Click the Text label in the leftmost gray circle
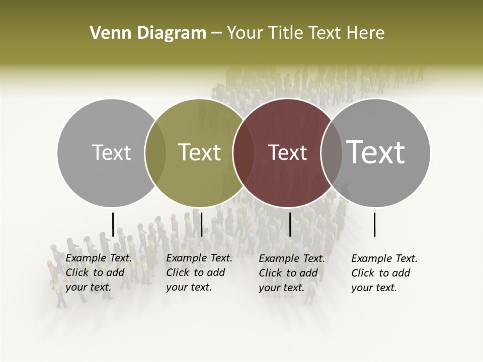click(x=111, y=152)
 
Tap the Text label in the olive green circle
click(x=199, y=152)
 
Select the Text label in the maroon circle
click(x=287, y=152)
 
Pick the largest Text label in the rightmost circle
click(x=375, y=152)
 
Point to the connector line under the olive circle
click(x=201, y=224)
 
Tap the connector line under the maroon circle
click(x=290, y=224)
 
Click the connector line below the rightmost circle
click(x=374, y=224)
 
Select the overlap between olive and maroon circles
click(x=243, y=153)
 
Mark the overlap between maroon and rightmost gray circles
click(x=331, y=153)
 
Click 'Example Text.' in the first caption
click(x=99, y=258)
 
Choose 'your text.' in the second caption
click(x=189, y=287)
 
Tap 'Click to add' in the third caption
click(x=288, y=273)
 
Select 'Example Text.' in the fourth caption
click(x=384, y=258)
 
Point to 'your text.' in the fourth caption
click(x=374, y=288)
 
